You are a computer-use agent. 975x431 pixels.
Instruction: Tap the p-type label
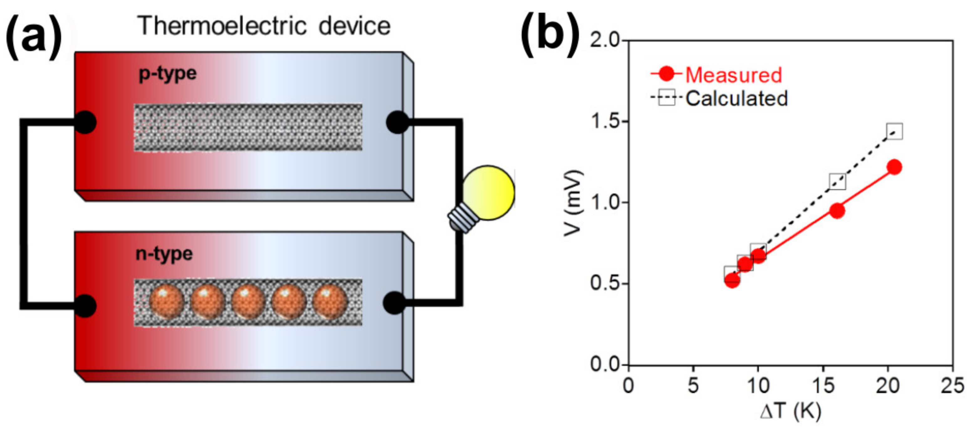pyautogui.click(x=168, y=73)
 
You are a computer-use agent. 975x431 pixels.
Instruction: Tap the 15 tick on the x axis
pyautogui.click(x=823, y=386)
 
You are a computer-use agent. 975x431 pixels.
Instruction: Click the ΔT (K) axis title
pyautogui.click(x=791, y=411)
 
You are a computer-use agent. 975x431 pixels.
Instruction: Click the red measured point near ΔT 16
pyautogui.click(x=837, y=211)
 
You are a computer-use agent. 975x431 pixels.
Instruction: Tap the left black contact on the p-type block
pyautogui.click(x=85, y=122)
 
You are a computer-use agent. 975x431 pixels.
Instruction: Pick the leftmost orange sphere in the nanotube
pyautogui.click(x=167, y=302)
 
